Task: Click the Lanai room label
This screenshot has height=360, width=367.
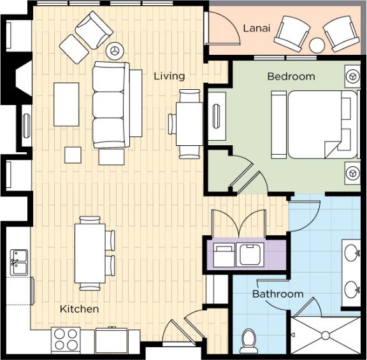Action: point(257,28)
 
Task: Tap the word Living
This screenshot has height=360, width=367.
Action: point(169,76)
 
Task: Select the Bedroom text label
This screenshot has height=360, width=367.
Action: point(291,76)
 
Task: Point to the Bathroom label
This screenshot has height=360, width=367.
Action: point(278,294)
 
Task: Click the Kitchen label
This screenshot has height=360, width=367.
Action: point(80,309)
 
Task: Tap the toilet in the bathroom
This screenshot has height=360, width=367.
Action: point(248,341)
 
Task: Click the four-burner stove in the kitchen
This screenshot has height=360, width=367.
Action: point(66,340)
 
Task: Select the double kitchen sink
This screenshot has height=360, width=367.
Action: point(18,262)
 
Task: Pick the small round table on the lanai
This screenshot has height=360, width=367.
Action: point(317,45)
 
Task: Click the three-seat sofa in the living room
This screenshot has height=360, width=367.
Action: point(111,105)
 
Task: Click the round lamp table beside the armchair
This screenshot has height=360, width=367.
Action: point(115,51)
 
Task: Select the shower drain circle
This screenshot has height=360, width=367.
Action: point(326,336)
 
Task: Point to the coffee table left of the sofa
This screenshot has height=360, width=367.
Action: point(66,104)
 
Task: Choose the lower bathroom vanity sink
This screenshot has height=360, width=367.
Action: point(352,289)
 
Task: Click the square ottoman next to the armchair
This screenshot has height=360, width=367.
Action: point(74,49)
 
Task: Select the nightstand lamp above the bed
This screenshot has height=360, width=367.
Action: point(352,76)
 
